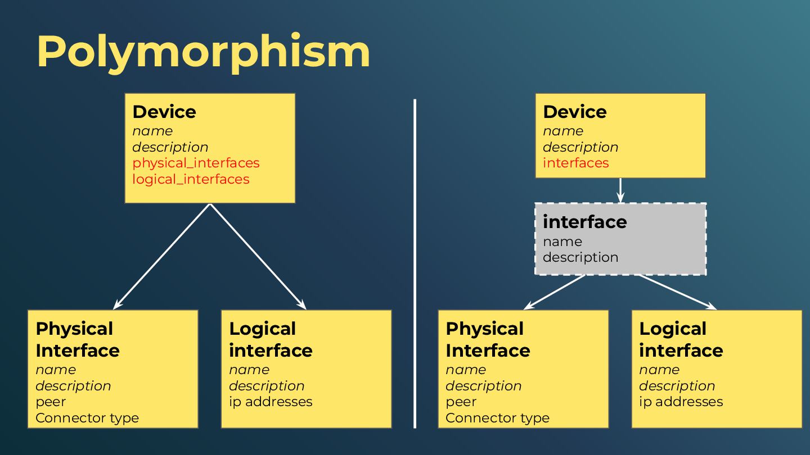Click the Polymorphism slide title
click(x=203, y=52)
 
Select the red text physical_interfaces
click(x=196, y=163)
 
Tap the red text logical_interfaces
click(x=191, y=179)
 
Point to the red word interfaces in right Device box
click(x=575, y=163)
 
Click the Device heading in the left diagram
click(x=164, y=112)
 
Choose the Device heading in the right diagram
click(x=574, y=112)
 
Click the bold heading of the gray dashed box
click(x=584, y=222)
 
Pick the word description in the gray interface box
click(x=580, y=257)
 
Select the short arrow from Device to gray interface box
click(x=620, y=190)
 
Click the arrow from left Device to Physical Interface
click(x=162, y=256)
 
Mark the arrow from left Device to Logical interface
click(x=258, y=256)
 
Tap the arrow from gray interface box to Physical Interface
click(x=555, y=292)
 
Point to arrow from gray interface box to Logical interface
click(x=677, y=292)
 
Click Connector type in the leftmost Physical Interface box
click(x=87, y=418)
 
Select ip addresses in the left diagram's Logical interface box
click(x=271, y=402)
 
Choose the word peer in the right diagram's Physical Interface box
click(x=461, y=402)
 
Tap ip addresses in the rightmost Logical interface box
click(x=681, y=402)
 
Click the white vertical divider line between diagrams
click(x=415, y=264)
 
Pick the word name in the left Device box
click(x=152, y=131)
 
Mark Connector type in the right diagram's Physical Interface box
click(x=497, y=418)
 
